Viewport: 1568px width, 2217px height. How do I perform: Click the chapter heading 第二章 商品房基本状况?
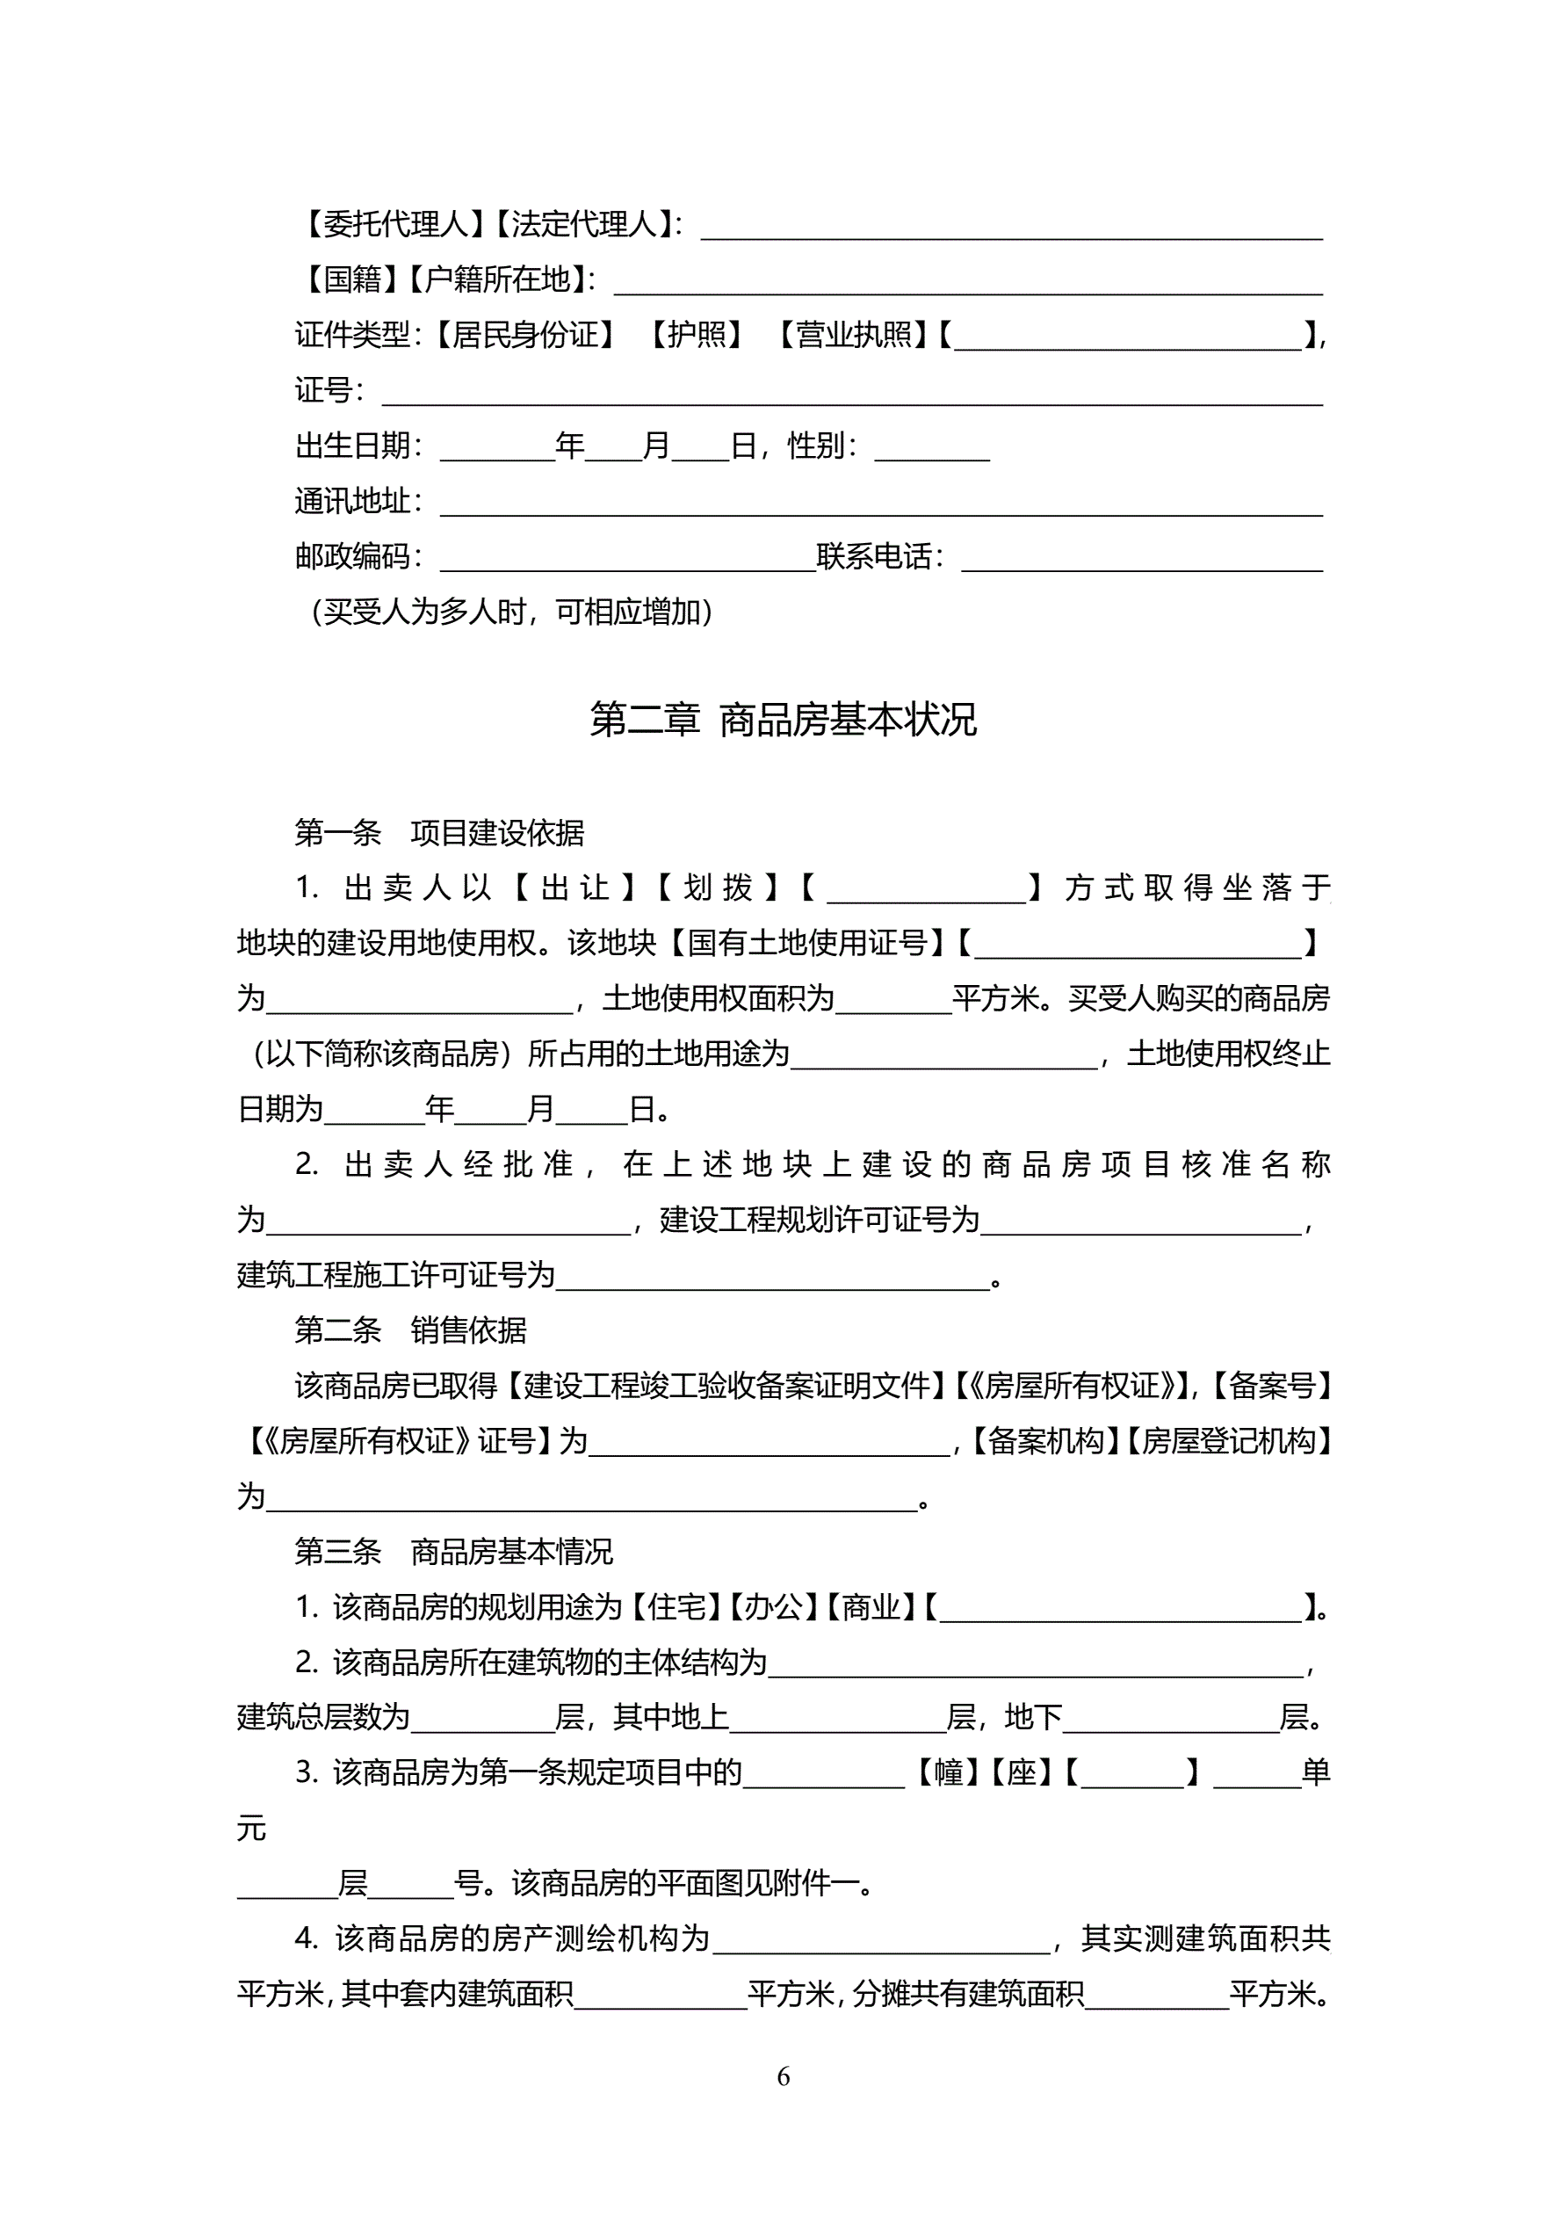783,720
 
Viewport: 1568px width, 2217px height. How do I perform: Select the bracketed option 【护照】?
695,334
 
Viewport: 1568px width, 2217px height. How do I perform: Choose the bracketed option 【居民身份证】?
524,334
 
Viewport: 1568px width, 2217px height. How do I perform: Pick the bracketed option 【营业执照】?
854,334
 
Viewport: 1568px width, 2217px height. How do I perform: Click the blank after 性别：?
932,449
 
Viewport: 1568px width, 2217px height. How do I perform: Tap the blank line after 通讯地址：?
880,504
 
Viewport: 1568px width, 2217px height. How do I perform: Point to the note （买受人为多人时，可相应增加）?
512,612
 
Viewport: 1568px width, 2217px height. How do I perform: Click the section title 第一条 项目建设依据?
439,832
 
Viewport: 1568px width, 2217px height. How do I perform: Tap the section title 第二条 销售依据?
410,1330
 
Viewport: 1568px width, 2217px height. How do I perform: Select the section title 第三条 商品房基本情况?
454,1552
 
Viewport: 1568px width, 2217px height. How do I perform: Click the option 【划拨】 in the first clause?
718,888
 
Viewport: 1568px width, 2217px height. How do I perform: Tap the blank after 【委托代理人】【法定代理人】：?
1011,227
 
